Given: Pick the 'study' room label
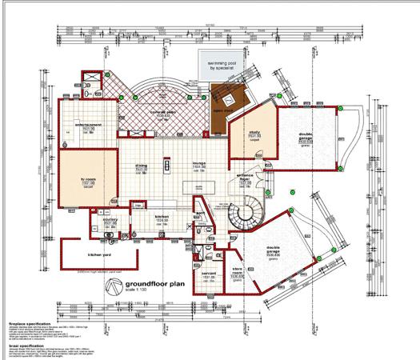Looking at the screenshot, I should click(255, 134).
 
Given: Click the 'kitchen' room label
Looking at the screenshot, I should click(161, 217).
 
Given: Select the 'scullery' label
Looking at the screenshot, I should click(112, 220).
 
